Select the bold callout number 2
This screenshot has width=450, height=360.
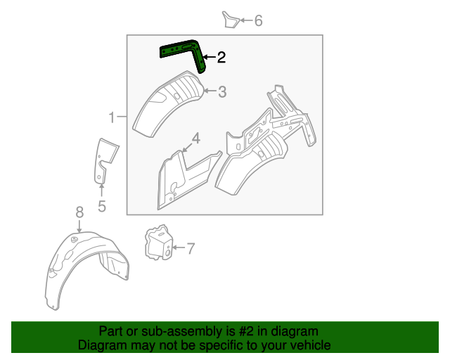pos(221,58)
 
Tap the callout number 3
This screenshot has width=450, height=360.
pos(221,91)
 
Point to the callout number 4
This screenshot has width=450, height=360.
pos(196,137)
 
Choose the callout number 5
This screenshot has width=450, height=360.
pos(101,206)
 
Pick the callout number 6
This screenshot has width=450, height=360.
pos(258,21)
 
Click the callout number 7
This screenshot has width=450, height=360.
pos(191,247)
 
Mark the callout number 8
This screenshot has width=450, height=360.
pos(79,211)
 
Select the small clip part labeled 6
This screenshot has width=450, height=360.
pos(231,20)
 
